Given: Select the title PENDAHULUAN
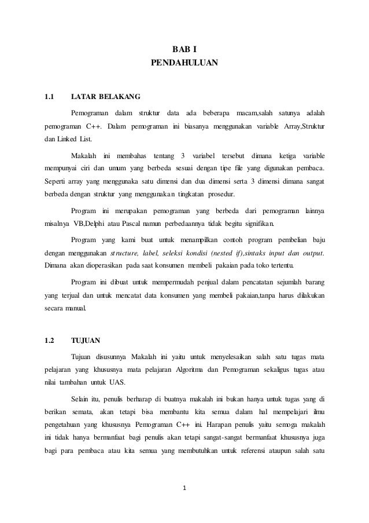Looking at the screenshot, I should click(x=184, y=61).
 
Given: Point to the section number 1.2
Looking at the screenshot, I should click(x=49, y=340).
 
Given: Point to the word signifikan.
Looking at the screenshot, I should click(x=257, y=224).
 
